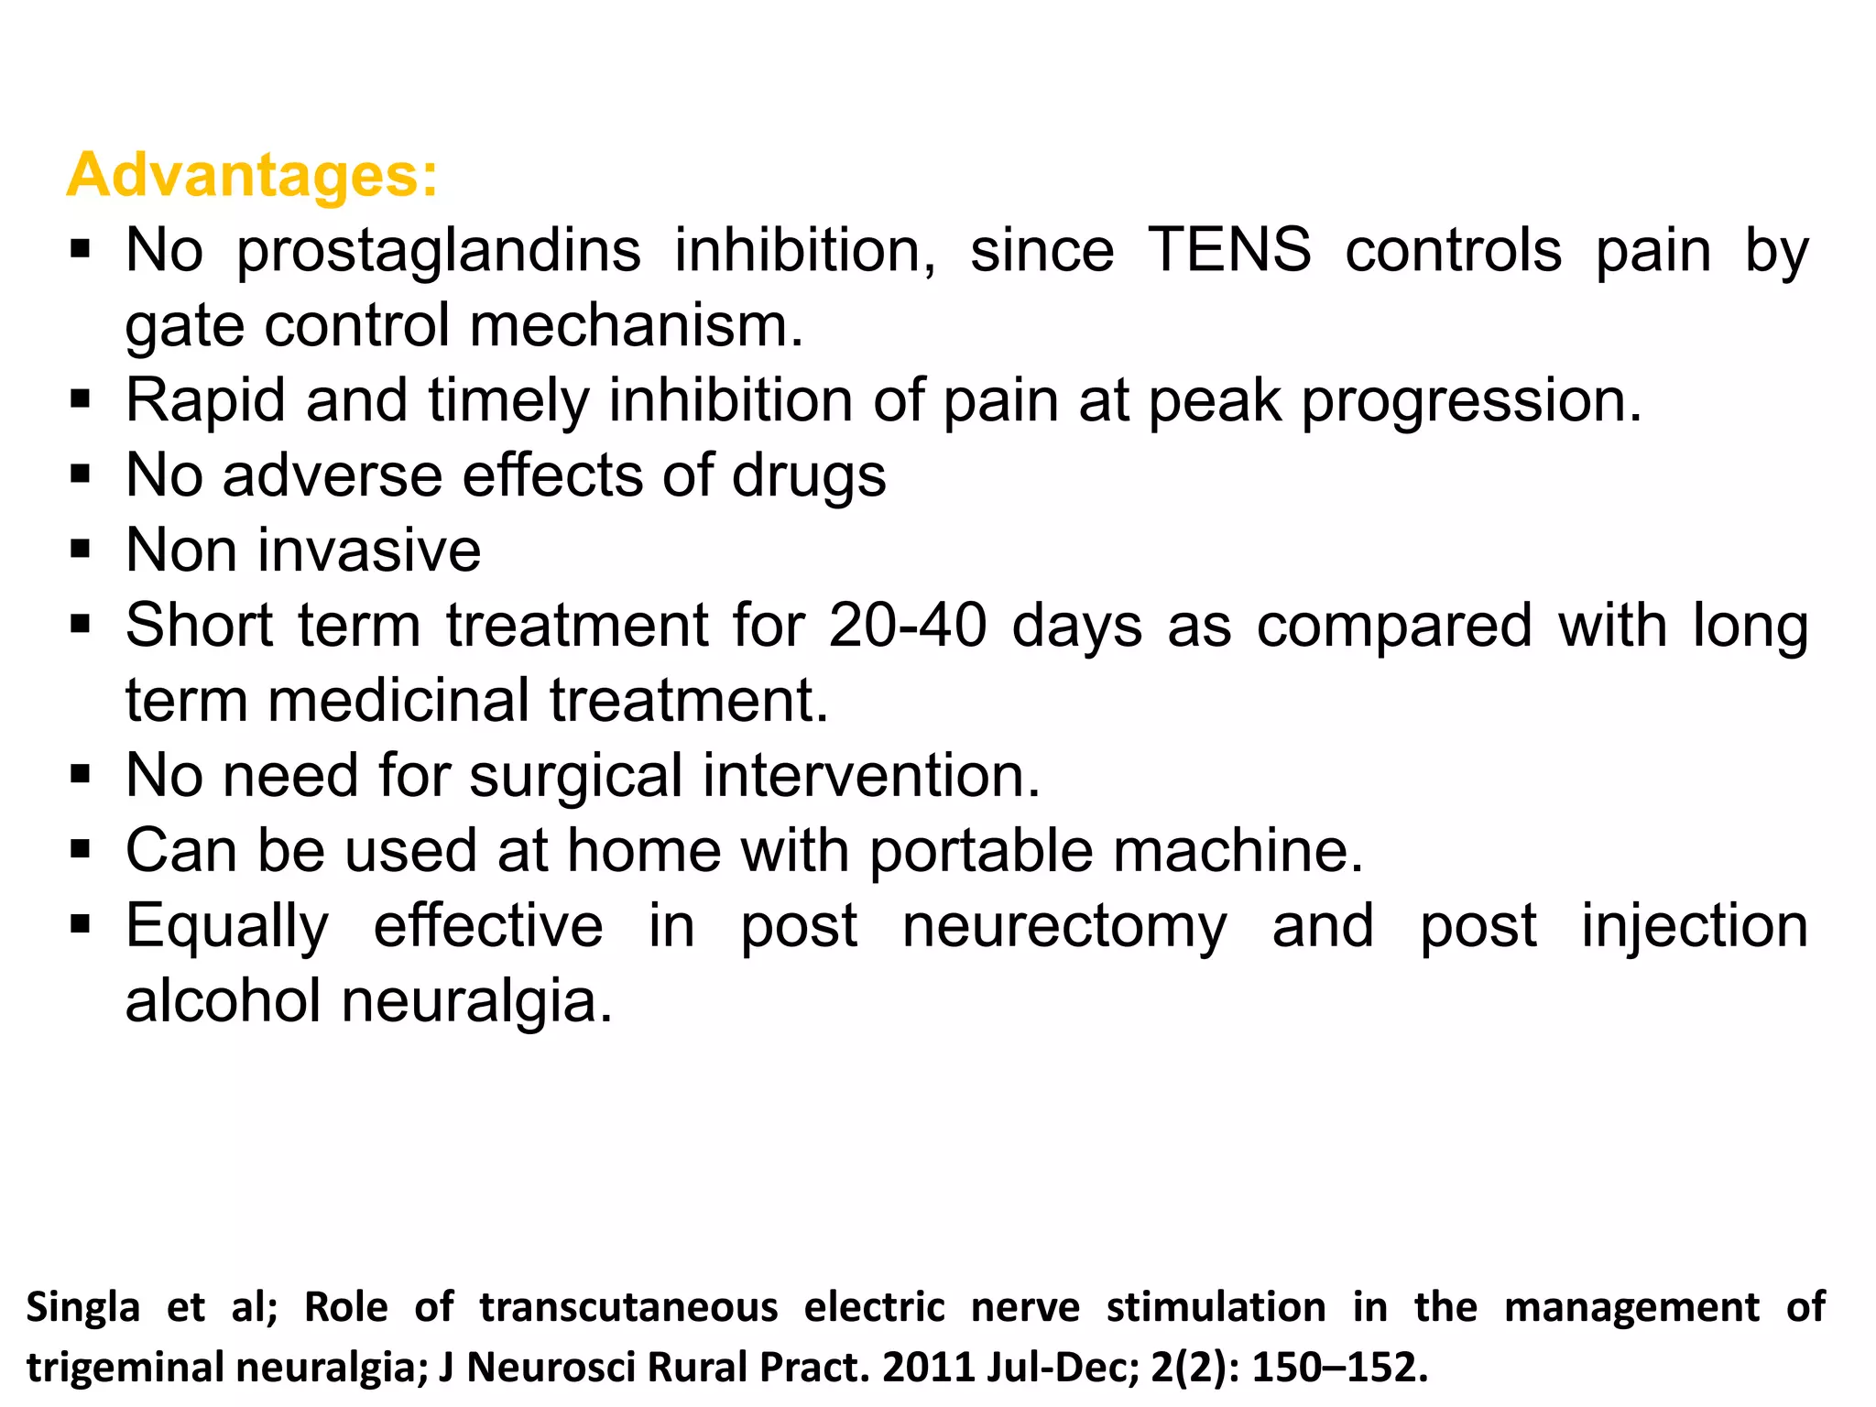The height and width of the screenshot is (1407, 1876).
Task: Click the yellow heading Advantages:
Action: [252, 174]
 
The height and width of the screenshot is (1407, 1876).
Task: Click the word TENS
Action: [1229, 249]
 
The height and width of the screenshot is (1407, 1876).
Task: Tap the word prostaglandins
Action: [439, 251]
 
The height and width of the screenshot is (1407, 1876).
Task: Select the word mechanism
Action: [637, 325]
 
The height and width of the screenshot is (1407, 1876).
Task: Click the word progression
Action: [1471, 400]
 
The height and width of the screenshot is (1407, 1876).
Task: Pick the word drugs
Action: [809, 476]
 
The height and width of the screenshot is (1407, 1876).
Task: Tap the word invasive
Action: [369, 551]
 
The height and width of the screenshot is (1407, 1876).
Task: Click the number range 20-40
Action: [908, 626]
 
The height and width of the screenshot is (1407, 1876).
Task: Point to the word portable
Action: [981, 851]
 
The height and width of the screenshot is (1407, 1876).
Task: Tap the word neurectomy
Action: [1063, 926]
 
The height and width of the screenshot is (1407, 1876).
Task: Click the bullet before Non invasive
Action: [81, 550]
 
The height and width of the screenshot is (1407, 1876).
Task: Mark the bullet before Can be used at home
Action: [81, 849]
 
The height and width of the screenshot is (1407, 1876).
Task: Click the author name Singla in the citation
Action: [82, 1307]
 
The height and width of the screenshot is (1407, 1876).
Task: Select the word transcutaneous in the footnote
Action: [628, 1307]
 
